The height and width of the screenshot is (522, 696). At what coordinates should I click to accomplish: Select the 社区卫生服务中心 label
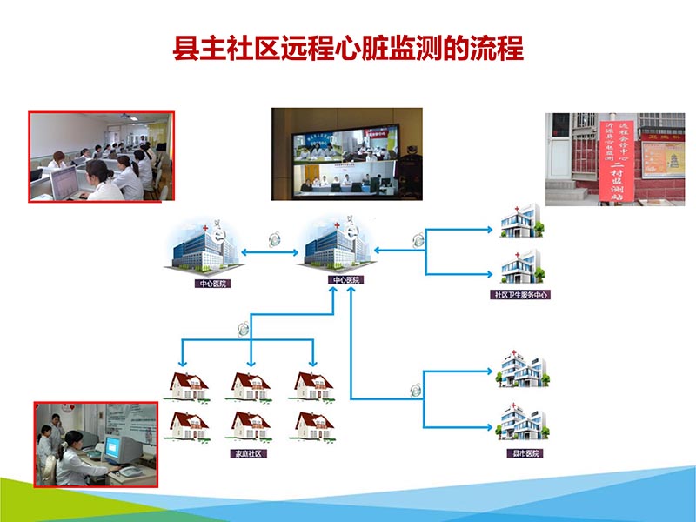(521, 295)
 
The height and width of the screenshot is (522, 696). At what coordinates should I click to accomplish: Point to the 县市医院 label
(524, 453)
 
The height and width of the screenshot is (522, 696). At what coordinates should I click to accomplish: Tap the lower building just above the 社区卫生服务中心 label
(521, 266)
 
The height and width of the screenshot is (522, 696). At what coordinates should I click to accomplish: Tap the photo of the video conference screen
(346, 154)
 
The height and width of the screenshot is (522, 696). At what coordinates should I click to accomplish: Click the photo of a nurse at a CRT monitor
(96, 444)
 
